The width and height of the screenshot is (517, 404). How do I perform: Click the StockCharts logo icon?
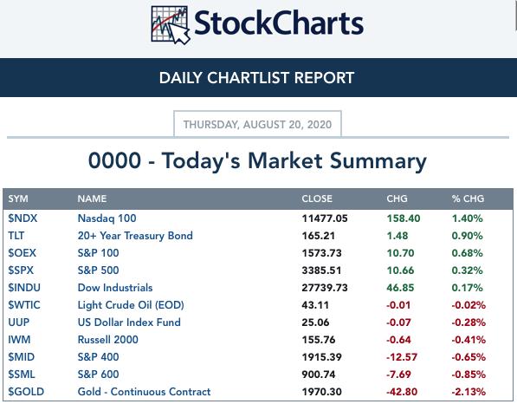point(171,25)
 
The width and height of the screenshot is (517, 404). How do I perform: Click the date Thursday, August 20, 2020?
point(257,125)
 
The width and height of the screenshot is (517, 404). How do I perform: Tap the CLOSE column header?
point(317,199)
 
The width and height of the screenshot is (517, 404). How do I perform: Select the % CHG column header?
point(468,199)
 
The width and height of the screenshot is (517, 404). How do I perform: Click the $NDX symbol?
point(23,218)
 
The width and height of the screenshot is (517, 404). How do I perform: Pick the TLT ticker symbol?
point(16,236)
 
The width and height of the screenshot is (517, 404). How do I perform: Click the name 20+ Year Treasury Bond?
point(135,236)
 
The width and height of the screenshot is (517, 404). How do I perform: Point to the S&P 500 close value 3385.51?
point(321,270)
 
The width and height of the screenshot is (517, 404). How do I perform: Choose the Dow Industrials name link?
point(115,288)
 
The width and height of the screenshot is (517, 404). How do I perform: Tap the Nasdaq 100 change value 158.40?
point(404,218)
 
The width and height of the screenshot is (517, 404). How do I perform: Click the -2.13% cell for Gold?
point(469,392)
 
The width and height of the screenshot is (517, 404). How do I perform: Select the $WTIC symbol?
point(24,304)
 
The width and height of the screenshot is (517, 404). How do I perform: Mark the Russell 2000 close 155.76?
point(319,340)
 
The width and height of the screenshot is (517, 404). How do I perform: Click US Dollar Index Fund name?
point(129,323)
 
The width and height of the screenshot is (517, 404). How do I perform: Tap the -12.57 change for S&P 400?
point(402,357)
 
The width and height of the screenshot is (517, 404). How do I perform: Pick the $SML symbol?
point(22,375)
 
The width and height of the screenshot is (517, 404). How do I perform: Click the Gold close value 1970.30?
point(321,392)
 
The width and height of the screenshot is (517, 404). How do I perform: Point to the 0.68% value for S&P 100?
point(468,253)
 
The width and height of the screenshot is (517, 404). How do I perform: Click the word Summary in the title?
point(378,161)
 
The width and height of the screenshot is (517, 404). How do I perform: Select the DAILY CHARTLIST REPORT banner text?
point(257,78)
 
